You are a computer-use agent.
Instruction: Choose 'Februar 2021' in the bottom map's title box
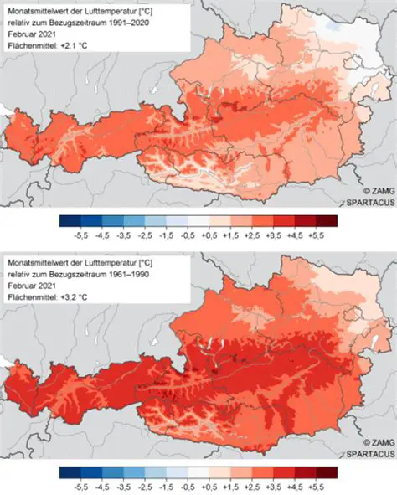click(x=33, y=286)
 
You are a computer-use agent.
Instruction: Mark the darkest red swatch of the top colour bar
click(x=327, y=221)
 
